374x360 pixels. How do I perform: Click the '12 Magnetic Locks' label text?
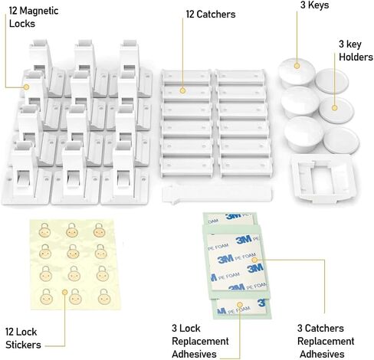point(34,17)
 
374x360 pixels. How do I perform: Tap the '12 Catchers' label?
point(211,15)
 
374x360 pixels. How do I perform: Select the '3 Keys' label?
point(314,5)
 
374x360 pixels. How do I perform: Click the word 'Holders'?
point(356,57)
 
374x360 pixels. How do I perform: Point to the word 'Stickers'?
point(23,345)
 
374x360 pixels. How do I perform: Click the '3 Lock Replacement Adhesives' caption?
point(200,341)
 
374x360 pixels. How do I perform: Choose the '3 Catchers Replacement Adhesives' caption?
point(326,341)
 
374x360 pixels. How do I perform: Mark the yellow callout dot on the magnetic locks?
point(26,87)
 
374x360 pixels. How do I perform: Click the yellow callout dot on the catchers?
point(182,90)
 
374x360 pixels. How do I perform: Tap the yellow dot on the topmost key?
point(297,66)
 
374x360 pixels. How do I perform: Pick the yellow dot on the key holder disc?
point(334,108)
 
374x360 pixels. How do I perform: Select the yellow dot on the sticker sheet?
point(65,292)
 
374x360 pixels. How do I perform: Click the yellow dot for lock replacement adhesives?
point(240,305)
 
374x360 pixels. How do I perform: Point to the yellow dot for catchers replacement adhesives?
point(254,260)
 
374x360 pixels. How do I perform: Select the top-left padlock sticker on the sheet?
point(44,230)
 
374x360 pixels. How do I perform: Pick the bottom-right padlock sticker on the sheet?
point(104,296)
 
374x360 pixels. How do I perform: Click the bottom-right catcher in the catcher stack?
point(246,167)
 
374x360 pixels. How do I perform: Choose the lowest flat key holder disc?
point(341,140)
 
